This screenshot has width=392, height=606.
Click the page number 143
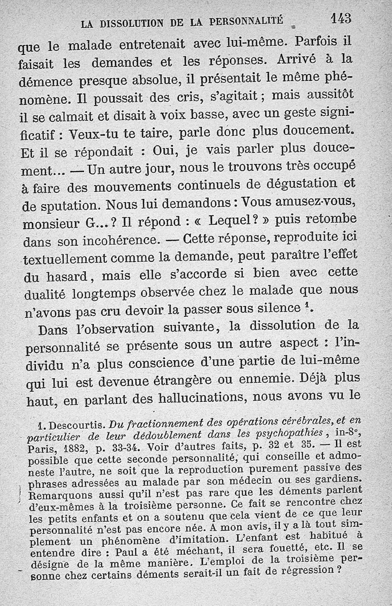click(342, 19)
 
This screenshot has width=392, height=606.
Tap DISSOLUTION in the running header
click(131, 22)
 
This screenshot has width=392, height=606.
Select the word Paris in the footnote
click(43, 450)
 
